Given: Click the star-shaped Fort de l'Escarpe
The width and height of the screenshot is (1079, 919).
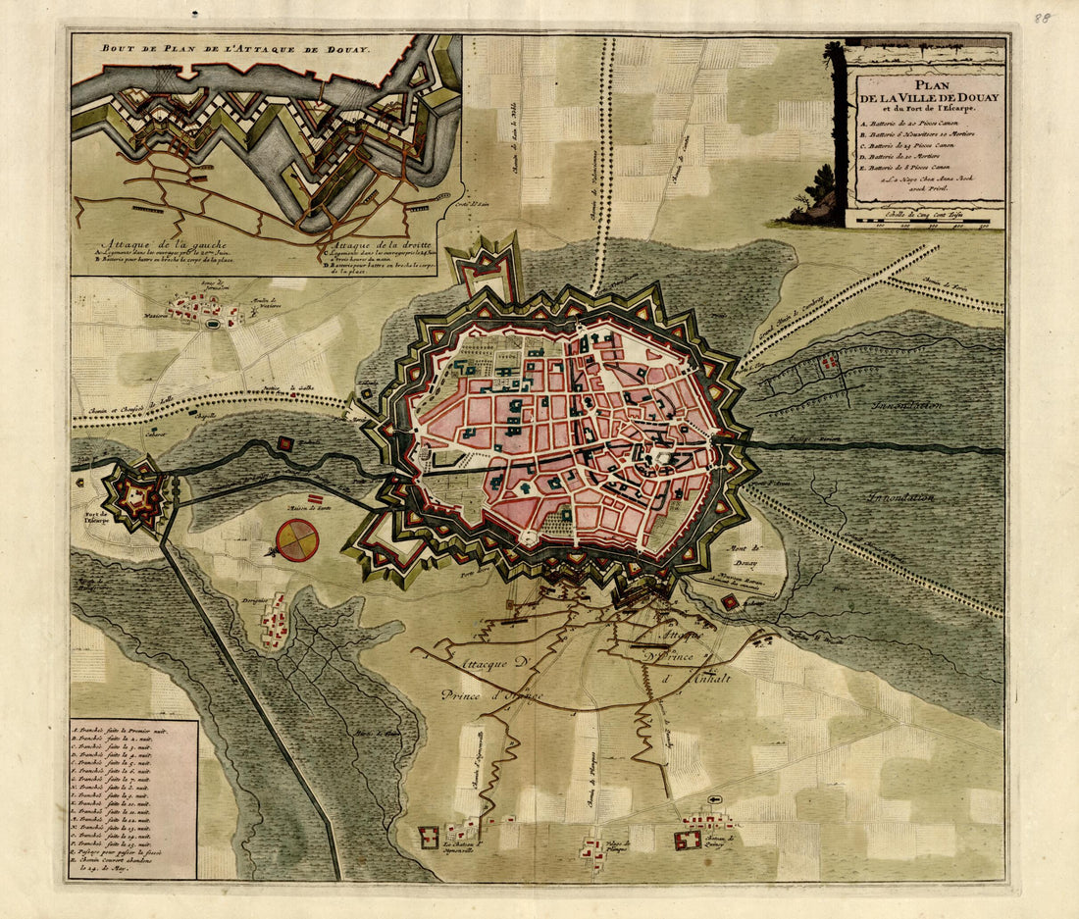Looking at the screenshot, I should click(x=135, y=496).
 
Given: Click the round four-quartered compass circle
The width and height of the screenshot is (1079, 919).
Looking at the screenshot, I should click(x=297, y=540).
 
